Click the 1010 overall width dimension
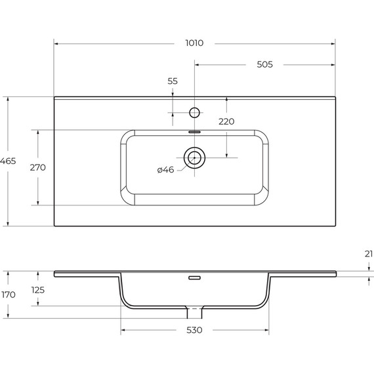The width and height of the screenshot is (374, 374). click(194, 43)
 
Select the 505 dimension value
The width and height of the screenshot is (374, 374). click(264, 64)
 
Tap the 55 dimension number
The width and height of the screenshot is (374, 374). click(173, 81)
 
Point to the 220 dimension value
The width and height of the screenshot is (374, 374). click(226, 121)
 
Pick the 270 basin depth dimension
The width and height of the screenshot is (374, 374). click(37, 167)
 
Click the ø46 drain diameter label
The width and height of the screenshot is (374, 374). click(165, 170)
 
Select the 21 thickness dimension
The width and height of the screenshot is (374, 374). click(368, 253)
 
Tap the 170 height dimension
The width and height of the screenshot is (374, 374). click(7, 295)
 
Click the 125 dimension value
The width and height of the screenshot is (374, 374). click(37, 289)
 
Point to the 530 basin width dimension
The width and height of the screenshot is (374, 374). click(194, 330)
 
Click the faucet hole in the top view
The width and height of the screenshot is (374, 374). click(194, 112)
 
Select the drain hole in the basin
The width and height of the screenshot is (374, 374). click(194, 157)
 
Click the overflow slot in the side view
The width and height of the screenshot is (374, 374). click(194, 278)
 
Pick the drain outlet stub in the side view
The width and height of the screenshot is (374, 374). click(195, 308)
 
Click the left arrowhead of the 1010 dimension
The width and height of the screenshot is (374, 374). click(56, 44)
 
